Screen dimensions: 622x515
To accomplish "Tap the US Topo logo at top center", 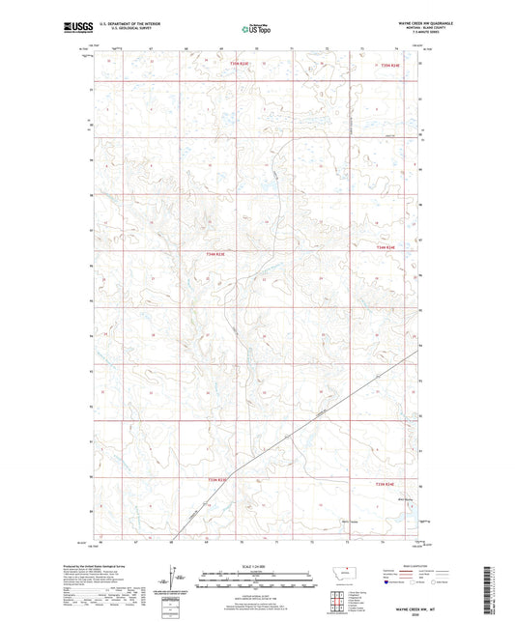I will click(x=256, y=29).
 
